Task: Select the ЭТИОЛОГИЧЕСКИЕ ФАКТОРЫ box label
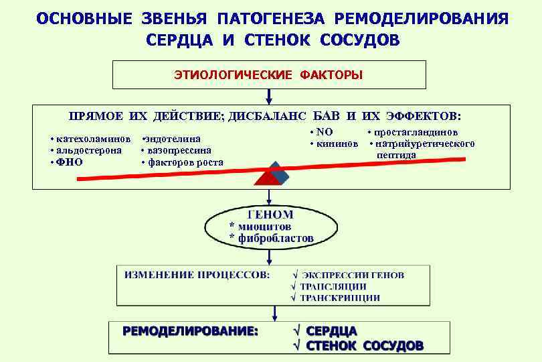pyautogui.click(x=269, y=75)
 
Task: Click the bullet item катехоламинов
pyautogui.click(x=92, y=138)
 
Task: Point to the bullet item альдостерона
pyautogui.click(x=88, y=150)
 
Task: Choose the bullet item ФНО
pyautogui.click(x=70, y=162)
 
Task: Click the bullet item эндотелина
pyautogui.click(x=173, y=138)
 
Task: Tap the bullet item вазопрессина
pyautogui.click(x=178, y=150)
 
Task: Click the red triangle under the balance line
pyautogui.click(x=265, y=178)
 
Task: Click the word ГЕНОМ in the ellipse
pyautogui.click(x=270, y=215)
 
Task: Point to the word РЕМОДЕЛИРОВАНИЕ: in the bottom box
pyautogui.click(x=190, y=331)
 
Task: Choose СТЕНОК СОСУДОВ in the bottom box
pyautogui.click(x=364, y=346)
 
